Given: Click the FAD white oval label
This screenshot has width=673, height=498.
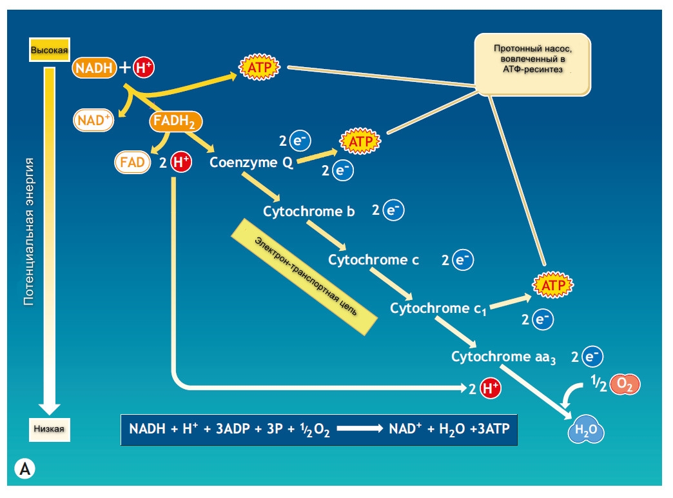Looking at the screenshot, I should click(132, 161).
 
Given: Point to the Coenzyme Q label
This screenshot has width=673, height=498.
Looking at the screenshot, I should click(251, 163).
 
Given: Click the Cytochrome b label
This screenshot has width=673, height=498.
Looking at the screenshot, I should click(309, 211).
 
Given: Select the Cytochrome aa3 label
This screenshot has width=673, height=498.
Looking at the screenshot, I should click(503, 357).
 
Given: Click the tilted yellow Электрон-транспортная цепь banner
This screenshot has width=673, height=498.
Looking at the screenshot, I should click(304, 276).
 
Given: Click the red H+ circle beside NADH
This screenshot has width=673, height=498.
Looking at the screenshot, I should click(142, 67).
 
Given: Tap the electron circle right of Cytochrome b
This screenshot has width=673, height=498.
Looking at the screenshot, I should click(393, 210).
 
